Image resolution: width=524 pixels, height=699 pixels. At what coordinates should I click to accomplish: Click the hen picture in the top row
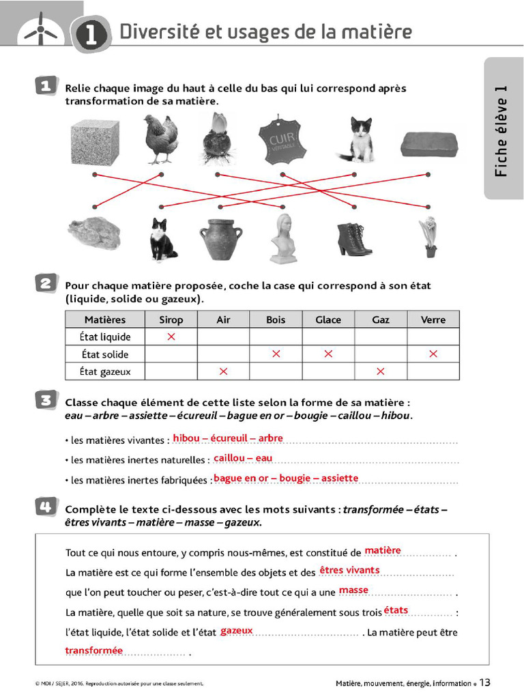click(161, 139)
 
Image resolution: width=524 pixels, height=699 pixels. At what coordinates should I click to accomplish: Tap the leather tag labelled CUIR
click(282, 139)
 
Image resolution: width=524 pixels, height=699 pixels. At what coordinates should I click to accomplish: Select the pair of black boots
click(353, 240)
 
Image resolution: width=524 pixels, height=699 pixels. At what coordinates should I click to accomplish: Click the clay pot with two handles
click(221, 238)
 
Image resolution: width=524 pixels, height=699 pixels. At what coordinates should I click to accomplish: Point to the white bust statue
click(283, 239)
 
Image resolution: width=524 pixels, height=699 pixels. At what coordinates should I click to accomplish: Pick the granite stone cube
click(96, 142)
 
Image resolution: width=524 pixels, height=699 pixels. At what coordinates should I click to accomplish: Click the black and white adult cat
click(162, 240)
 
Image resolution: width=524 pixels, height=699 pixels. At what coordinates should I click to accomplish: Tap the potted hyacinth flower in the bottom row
click(428, 237)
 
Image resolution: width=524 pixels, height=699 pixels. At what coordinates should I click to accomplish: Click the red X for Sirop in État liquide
click(171, 337)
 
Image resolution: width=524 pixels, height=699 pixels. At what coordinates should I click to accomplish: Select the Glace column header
click(328, 319)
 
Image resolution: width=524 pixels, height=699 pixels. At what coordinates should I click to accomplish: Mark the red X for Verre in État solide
click(433, 354)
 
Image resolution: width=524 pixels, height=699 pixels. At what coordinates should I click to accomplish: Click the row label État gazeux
click(105, 372)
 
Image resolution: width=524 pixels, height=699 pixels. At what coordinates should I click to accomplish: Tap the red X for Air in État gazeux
click(223, 371)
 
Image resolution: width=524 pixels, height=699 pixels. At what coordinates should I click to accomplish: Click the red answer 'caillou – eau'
click(243, 458)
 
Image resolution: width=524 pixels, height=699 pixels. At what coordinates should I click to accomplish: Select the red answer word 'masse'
click(353, 590)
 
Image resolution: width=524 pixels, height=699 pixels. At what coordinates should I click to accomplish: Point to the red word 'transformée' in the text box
click(94, 651)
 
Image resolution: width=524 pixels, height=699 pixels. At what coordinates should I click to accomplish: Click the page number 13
click(484, 683)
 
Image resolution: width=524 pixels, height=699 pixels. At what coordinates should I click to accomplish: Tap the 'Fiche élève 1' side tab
click(503, 130)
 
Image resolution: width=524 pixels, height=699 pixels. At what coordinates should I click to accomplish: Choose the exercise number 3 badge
click(46, 401)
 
